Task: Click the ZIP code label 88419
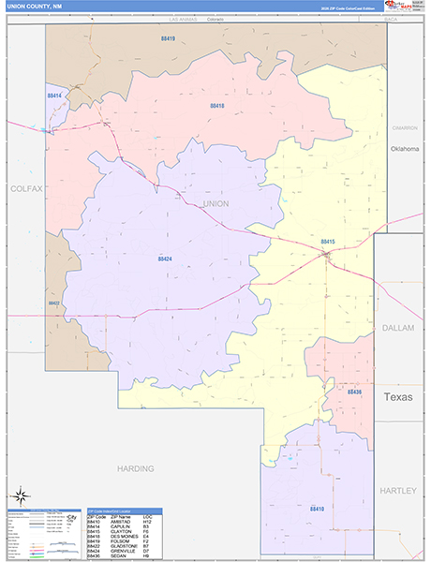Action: tap(168, 38)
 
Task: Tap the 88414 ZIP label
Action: tap(54, 96)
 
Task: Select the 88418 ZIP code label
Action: tap(216, 106)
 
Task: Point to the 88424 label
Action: tap(165, 258)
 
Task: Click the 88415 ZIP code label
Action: tap(327, 242)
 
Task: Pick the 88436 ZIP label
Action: tap(354, 392)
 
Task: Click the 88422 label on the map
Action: tap(54, 303)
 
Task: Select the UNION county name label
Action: tap(215, 203)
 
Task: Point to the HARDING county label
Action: tap(129, 466)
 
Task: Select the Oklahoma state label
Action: tap(404, 149)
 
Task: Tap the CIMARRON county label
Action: tap(405, 127)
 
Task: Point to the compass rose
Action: tap(19, 494)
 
